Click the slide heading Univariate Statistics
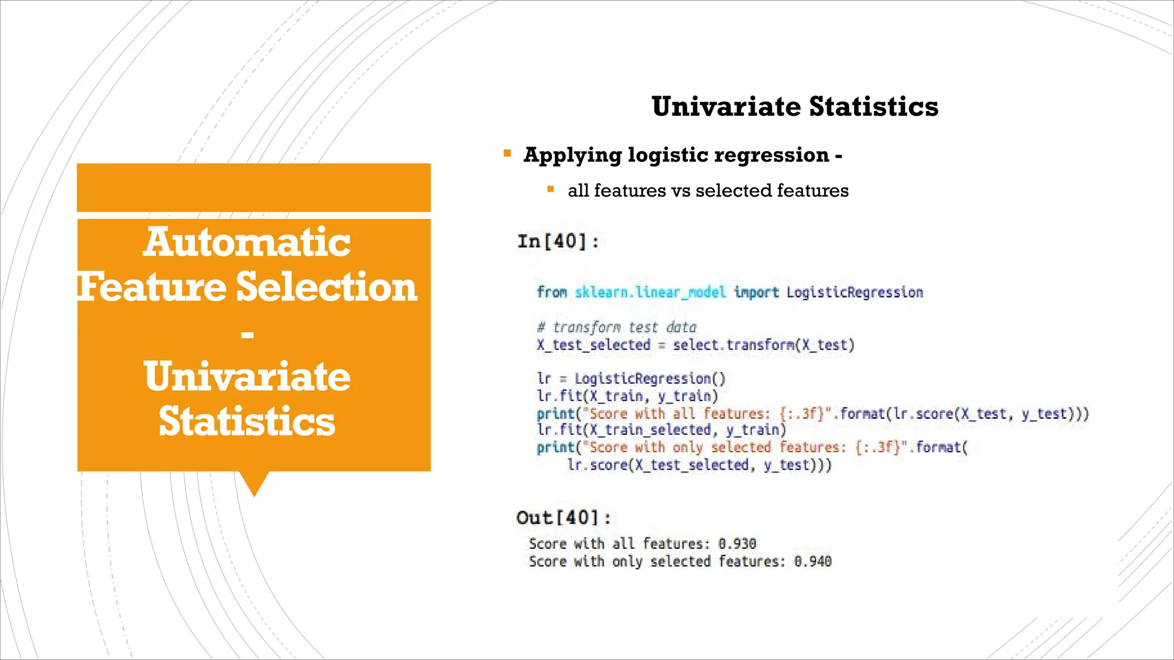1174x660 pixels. click(795, 107)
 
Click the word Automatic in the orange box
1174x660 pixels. click(247, 242)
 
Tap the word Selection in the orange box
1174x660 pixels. click(326, 286)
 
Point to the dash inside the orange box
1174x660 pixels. click(247, 333)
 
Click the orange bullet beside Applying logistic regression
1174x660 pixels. click(507, 154)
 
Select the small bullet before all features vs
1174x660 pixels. click(550, 189)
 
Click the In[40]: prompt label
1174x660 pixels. click(558, 241)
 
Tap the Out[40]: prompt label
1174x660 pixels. click(563, 518)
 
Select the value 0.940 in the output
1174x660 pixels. click(812, 561)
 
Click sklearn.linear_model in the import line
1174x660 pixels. click(650, 292)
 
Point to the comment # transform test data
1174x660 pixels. click(616, 327)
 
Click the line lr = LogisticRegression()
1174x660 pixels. click(631, 379)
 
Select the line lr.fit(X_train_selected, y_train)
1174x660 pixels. click(662, 430)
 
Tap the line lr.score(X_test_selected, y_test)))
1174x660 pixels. click(699, 465)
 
